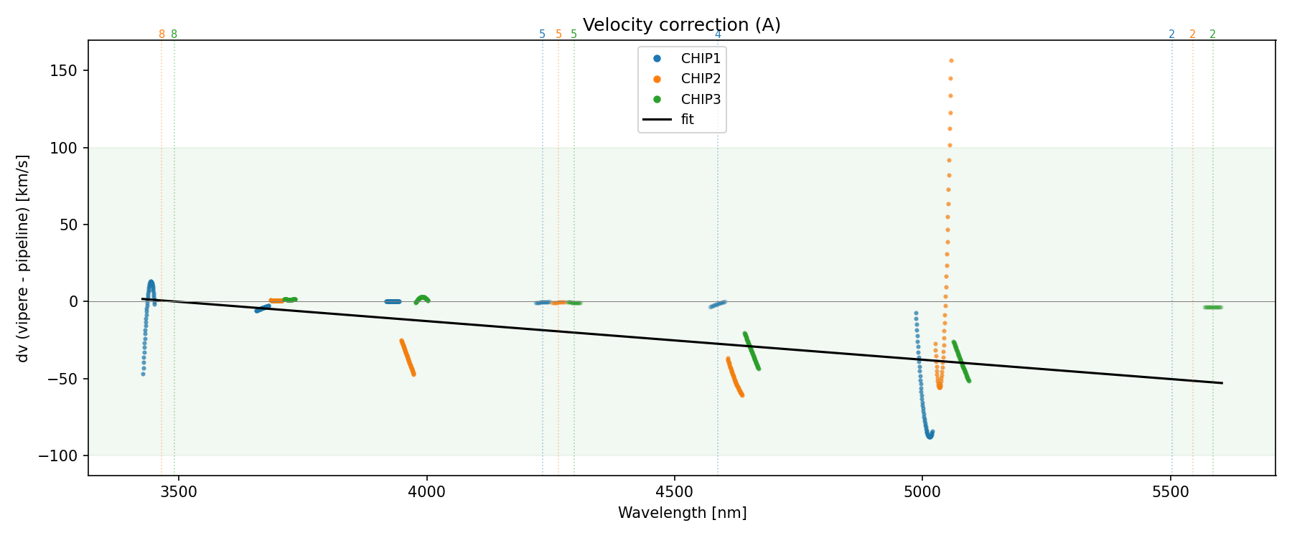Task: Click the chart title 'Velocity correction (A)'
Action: [681, 25]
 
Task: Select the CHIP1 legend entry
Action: [700, 59]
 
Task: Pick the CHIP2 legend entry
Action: [700, 79]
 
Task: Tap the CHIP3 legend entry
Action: [700, 100]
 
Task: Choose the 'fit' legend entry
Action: [687, 120]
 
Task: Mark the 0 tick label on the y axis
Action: [74, 302]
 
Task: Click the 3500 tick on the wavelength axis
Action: [178, 492]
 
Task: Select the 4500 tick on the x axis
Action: [675, 492]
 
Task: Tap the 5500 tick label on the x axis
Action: [1171, 492]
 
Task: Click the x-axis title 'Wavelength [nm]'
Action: [682, 513]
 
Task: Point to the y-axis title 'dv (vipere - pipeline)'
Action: [23, 258]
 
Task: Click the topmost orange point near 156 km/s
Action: [951, 61]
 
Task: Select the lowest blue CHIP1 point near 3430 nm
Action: [143, 374]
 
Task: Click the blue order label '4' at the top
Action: [718, 34]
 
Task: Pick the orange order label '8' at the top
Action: [161, 34]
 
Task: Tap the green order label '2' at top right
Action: [1212, 34]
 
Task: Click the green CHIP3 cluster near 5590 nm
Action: [1212, 308]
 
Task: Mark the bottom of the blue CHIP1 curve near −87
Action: [930, 436]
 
